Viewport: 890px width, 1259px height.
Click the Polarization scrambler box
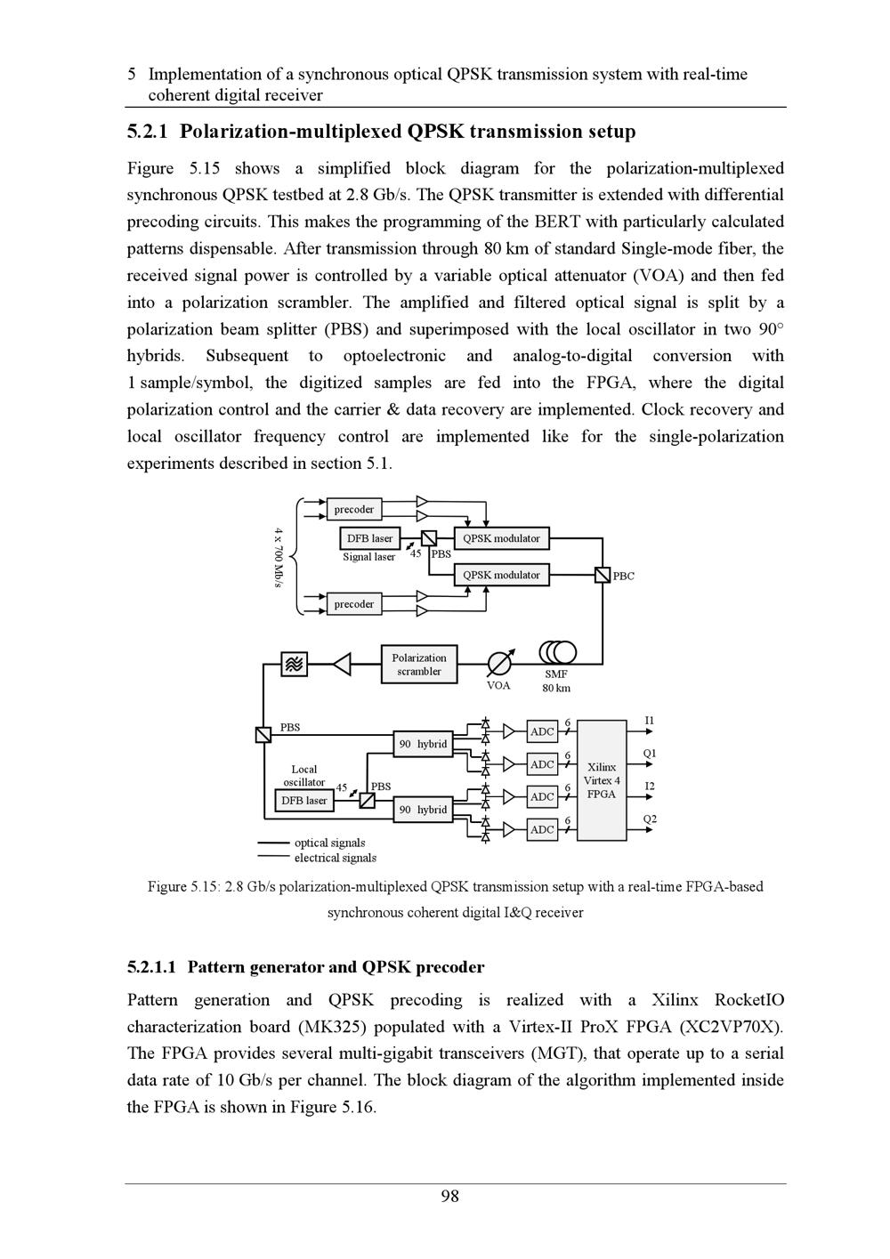pyautogui.click(x=419, y=665)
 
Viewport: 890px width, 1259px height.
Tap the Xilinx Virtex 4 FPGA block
pyautogui.click(x=602, y=780)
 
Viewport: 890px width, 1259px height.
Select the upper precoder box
pyautogui.click(x=354, y=509)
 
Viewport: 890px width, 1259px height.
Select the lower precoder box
pyautogui.click(x=354, y=604)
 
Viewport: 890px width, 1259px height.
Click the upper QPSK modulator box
pyautogui.click(x=501, y=538)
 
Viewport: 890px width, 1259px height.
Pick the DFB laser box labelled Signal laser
pyautogui.click(x=369, y=538)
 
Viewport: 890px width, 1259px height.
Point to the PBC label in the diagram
pyautogui.click(x=624, y=577)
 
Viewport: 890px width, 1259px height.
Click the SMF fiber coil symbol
pyautogui.click(x=558, y=653)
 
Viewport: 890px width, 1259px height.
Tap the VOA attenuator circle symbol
pyautogui.click(x=499, y=664)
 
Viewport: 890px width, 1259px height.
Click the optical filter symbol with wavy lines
pyautogui.click(x=295, y=664)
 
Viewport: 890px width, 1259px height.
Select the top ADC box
pyautogui.click(x=542, y=731)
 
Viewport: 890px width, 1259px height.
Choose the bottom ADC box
pyautogui.click(x=542, y=829)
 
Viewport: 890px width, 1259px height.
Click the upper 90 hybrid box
pyautogui.click(x=424, y=744)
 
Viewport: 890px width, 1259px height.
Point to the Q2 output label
pyautogui.click(x=650, y=819)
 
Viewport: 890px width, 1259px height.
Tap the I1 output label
pyautogui.click(x=650, y=720)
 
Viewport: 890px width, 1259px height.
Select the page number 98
pyautogui.click(x=450, y=1197)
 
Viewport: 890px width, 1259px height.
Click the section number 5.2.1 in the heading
pyautogui.click(x=147, y=133)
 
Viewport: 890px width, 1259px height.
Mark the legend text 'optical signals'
pyautogui.click(x=329, y=843)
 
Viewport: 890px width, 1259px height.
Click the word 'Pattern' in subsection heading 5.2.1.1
pyautogui.click(x=218, y=967)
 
